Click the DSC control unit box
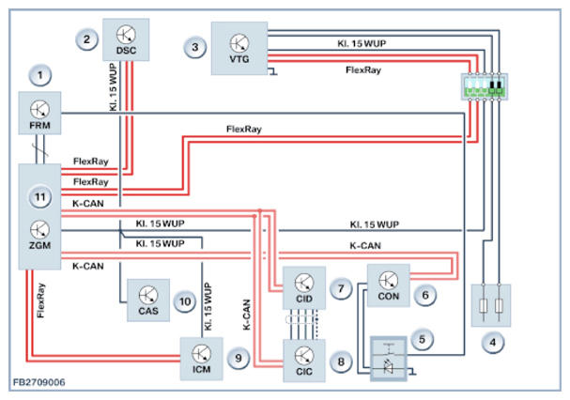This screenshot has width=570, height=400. coord(126,39)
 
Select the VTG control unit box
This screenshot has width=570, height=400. coord(239,49)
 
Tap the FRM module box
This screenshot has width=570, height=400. coord(39,113)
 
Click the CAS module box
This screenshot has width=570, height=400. coord(148,300)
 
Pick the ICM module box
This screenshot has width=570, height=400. coord(201,359)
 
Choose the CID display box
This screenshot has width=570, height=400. coord(304,288)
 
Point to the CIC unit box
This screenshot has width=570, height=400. coord(304,361)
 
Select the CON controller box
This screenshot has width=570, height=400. coord(389,285)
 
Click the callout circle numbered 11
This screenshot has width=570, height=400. coord(39,197)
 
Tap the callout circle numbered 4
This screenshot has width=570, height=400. coord(493,342)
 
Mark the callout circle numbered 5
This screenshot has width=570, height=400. coord(422,340)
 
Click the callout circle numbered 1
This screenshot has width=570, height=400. coord(39,75)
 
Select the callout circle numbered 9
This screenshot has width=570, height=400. coord(239,358)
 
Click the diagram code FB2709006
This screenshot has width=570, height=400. coord(39,382)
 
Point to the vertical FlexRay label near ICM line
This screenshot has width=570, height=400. coord(40,300)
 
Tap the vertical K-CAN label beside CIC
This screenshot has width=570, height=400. coord(247,315)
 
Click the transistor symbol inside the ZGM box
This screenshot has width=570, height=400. coord(39,230)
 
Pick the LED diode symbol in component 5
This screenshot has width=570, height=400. coord(388,366)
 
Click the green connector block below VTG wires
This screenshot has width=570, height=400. coord(485,92)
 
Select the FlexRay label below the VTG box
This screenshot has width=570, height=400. coord(363,69)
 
